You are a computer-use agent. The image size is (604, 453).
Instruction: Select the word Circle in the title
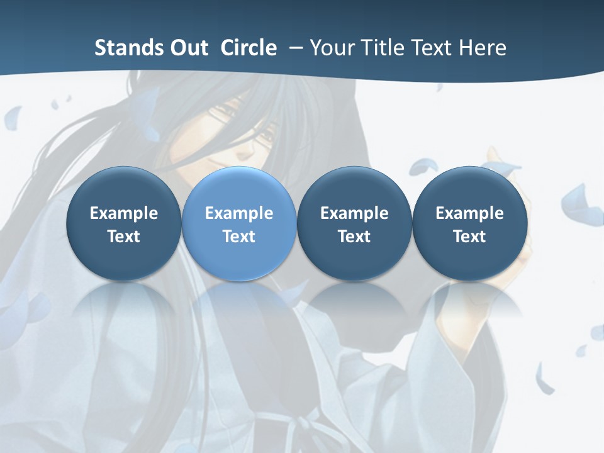(249, 48)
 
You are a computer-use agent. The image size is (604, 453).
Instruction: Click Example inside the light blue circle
(239, 213)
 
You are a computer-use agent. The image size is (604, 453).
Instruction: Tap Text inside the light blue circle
(239, 237)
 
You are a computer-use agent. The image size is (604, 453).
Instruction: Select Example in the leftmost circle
(123, 213)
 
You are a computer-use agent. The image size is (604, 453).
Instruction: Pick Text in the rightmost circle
(469, 237)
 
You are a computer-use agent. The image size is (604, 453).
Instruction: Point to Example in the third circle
(354, 213)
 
